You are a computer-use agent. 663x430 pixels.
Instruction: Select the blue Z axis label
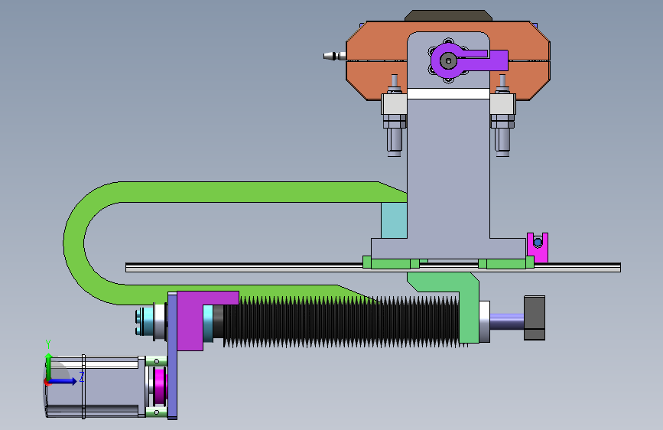[82, 376]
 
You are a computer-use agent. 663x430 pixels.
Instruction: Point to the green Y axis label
[48, 344]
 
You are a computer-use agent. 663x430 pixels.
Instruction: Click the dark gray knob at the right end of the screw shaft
[535, 318]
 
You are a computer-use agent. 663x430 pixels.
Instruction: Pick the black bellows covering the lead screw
[340, 321]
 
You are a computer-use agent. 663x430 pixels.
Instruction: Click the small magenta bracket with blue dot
[538, 248]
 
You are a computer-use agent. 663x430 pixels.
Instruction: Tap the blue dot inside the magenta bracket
[538, 243]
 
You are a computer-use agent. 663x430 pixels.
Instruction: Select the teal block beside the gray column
[394, 220]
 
